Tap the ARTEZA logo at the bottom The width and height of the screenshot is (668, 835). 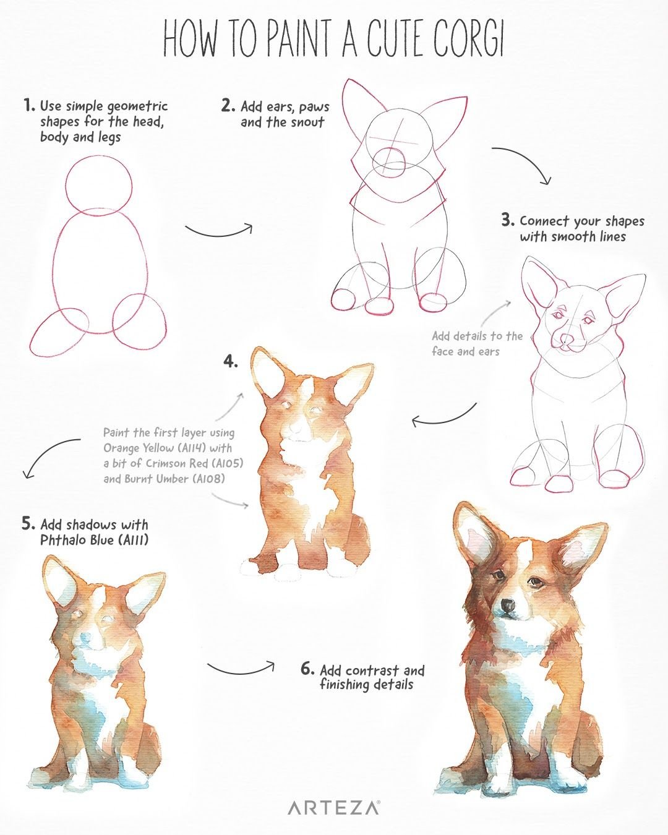(333, 808)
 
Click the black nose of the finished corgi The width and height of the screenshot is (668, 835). (508, 604)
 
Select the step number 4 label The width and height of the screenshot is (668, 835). (230, 362)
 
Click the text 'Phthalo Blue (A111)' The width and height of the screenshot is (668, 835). (94, 541)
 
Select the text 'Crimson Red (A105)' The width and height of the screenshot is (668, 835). (194, 464)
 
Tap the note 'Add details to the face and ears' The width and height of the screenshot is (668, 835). (477, 344)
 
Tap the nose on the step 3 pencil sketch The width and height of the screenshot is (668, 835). (567, 339)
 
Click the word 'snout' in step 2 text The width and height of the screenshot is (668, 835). (307, 122)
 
